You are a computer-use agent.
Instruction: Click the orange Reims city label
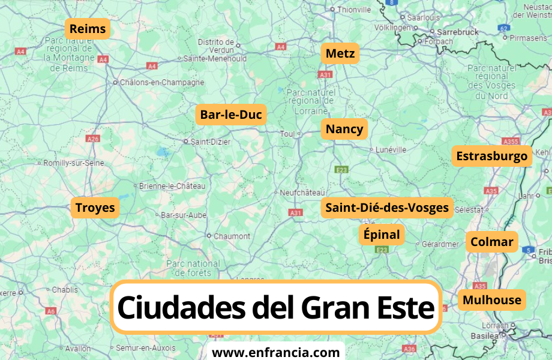[88, 29]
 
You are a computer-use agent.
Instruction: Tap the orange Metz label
[340, 54]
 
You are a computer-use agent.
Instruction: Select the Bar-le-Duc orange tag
[231, 115]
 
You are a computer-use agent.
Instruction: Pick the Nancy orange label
[344, 130]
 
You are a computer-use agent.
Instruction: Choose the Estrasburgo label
[492, 157]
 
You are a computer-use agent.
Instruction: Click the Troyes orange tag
[95, 208]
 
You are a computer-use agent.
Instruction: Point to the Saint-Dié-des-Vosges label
[387, 208]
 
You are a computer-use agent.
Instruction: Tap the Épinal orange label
[382, 235]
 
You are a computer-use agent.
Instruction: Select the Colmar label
[491, 242]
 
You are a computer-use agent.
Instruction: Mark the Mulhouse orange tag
[492, 300]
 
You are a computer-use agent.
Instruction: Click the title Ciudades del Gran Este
[275, 307]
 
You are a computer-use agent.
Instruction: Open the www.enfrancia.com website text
[276, 352]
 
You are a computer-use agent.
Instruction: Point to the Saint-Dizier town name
[211, 142]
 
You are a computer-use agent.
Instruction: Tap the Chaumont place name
[232, 236]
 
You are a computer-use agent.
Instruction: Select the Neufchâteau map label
[302, 193]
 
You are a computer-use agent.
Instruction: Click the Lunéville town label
[391, 149]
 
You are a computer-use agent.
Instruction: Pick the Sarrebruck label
[458, 32]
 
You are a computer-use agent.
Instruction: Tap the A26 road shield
[92, 139]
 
